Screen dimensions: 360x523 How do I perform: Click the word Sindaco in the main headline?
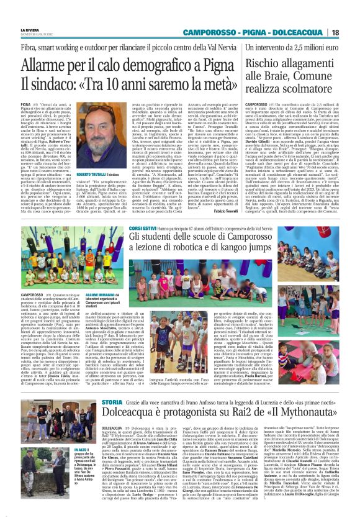point(69,82)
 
